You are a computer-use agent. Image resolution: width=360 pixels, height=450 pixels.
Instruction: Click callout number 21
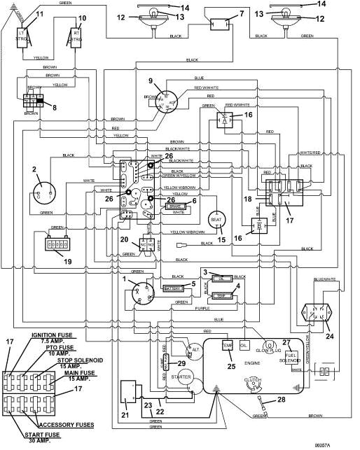[x=125, y=414]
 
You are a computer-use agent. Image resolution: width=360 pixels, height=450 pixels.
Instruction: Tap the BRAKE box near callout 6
[x=174, y=207]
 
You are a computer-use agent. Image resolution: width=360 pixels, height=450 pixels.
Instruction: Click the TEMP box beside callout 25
[x=227, y=346]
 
